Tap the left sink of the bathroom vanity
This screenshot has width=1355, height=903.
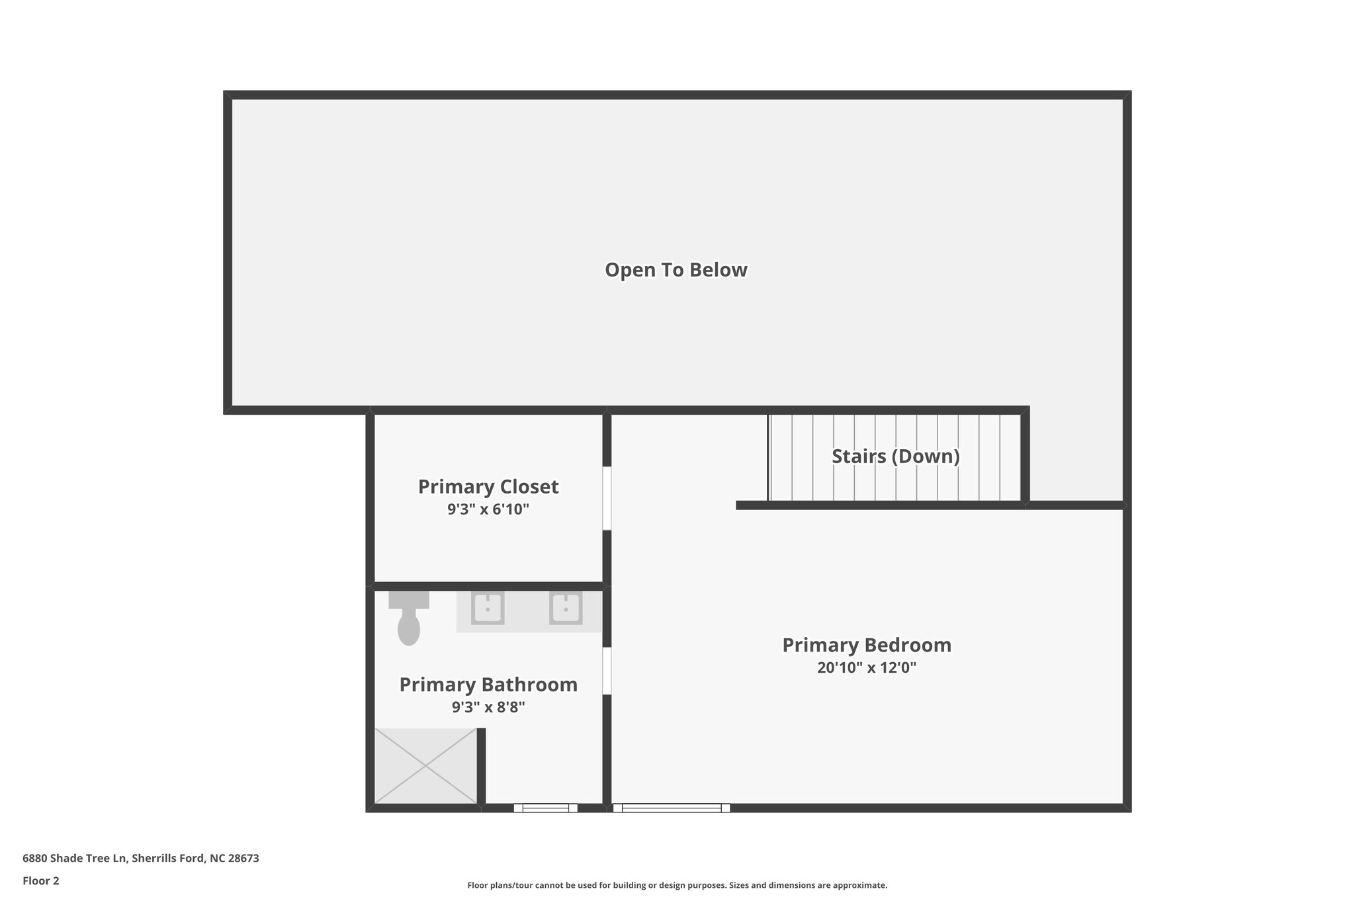[488, 608]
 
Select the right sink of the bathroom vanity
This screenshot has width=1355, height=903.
[566, 608]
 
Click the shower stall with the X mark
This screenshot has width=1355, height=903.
[425, 766]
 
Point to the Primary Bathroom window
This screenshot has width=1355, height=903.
[545, 808]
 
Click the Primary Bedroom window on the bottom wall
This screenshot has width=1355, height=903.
[672, 808]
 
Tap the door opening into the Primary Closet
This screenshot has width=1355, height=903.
[607, 498]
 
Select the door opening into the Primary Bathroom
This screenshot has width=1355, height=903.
[607, 670]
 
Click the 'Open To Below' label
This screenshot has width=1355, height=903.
[676, 270]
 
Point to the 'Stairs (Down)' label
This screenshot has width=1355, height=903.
[895, 456]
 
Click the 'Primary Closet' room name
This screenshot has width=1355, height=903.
[488, 487]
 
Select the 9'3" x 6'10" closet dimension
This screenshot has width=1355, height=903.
[488, 509]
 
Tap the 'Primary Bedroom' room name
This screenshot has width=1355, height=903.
[867, 645]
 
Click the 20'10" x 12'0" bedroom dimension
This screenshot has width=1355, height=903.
[867, 667]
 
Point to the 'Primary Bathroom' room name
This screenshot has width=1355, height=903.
[488, 685]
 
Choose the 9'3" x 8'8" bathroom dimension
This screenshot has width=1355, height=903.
[488, 707]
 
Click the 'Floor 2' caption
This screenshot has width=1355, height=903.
[41, 881]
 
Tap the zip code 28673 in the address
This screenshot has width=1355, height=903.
[243, 858]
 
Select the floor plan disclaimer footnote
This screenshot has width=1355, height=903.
[677, 885]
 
